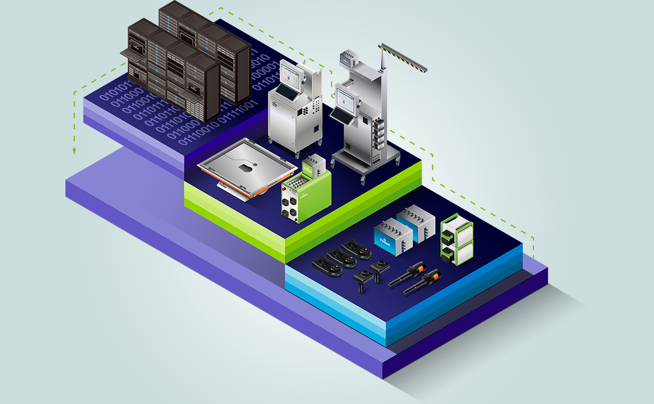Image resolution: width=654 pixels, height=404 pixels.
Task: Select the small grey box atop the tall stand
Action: coord(349,58)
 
